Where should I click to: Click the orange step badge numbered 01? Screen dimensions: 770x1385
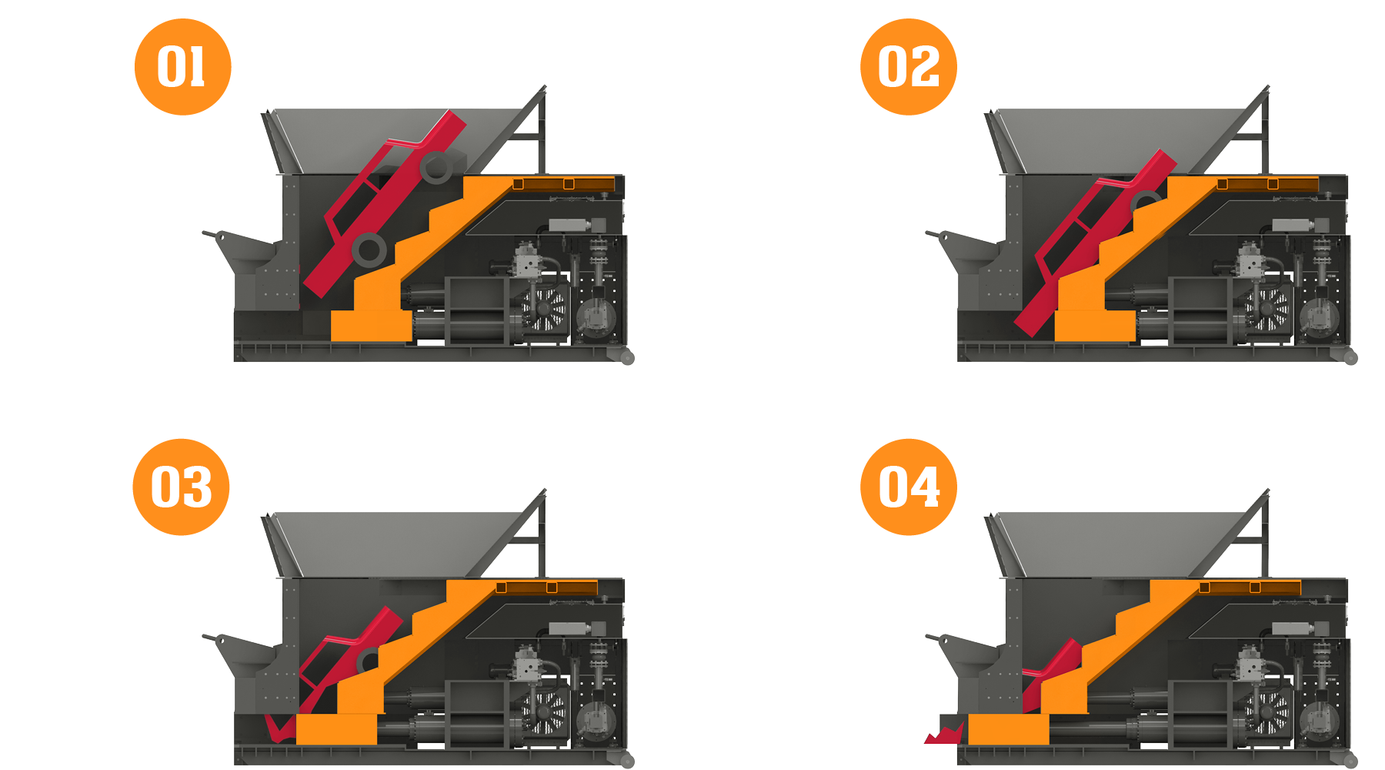(182, 67)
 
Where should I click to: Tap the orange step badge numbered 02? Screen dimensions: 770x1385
(908, 67)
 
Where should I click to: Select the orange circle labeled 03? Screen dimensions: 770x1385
(181, 487)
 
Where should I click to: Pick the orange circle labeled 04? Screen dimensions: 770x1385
(908, 487)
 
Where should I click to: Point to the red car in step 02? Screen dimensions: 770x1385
(1093, 239)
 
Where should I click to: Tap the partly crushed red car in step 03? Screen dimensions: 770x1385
(346, 654)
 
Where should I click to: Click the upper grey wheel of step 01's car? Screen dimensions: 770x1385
(437, 167)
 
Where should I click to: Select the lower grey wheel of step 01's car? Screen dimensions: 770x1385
(369, 249)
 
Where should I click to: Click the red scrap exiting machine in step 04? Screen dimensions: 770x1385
(945, 735)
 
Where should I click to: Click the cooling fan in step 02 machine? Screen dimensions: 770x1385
(1268, 309)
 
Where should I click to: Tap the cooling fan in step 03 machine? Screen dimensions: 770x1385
(545, 712)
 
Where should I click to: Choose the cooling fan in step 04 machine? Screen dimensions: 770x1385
(1268, 712)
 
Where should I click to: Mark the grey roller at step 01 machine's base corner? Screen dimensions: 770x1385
(627, 357)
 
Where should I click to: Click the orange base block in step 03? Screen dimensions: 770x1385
(336, 728)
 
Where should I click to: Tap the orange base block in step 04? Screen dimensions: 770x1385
(1008, 728)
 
